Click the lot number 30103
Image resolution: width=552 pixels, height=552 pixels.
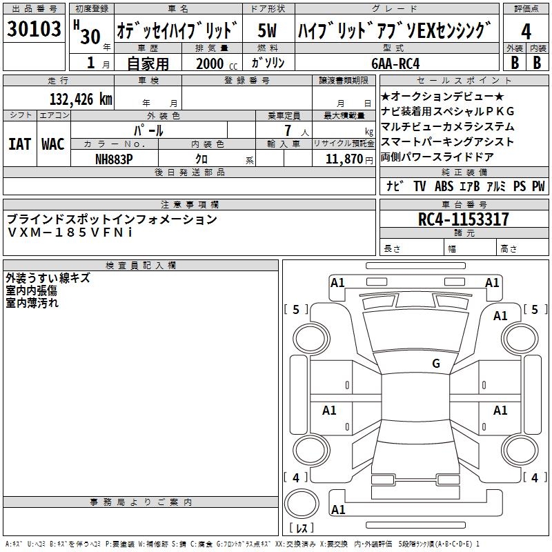point(34,28)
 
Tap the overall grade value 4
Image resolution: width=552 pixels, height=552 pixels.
point(526,31)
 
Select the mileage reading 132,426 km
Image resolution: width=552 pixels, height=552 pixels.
point(81,99)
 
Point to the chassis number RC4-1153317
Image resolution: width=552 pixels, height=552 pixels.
point(463,219)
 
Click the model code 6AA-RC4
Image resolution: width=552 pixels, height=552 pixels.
point(395,63)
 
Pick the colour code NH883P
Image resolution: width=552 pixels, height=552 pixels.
point(114,159)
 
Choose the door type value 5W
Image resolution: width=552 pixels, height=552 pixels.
point(267,30)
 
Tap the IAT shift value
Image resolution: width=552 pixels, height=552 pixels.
point(20,144)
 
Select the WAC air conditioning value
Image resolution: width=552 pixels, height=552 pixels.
point(53,144)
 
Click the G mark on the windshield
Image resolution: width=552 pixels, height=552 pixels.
point(436,363)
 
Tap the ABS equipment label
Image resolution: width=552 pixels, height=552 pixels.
point(444,186)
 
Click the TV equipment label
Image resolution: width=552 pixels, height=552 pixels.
point(420,186)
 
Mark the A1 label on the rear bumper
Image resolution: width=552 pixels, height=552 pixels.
point(338,509)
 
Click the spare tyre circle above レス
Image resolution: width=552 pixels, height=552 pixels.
point(302,504)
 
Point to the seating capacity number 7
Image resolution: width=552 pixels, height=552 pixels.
point(288,130)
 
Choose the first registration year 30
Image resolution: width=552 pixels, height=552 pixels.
point(90,37)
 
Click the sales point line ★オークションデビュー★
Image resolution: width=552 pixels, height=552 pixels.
point(442,96)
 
